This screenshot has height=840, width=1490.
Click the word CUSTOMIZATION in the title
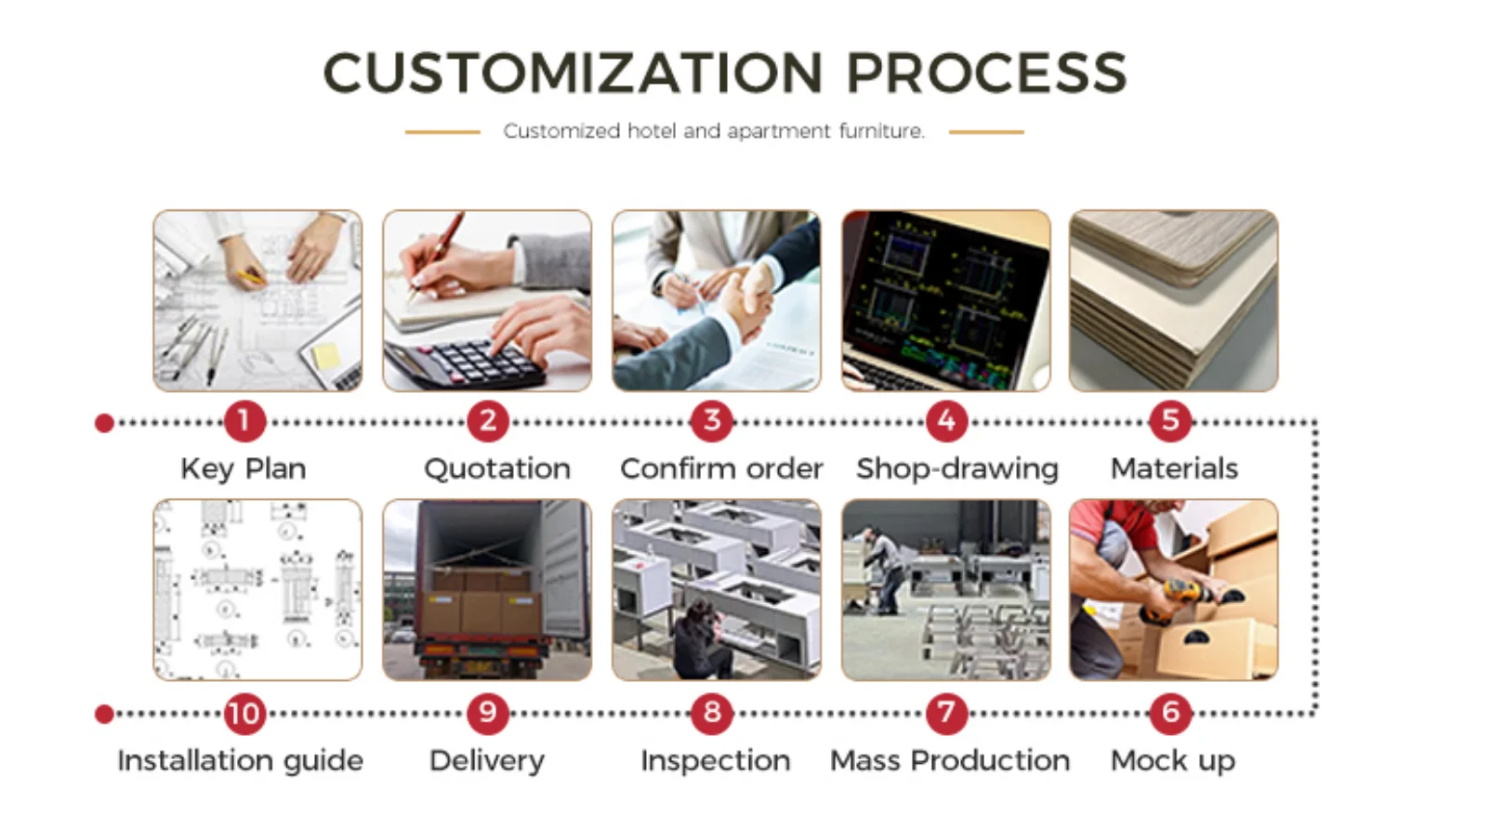click(x=574, y=72)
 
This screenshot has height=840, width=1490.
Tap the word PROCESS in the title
click(x=987, y=72)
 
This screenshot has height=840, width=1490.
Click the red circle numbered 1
click(x=244, y=421)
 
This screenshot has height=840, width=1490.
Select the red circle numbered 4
click(x=946, y=421)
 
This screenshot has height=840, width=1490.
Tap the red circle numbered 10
click(x=244, y=714)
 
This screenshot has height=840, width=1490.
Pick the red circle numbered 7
click(x=946, y=714)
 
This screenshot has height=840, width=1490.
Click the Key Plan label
click(x=244, y=469)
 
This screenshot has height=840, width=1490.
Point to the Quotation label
click(x=497, y=469)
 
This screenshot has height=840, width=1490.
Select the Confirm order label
click(x=721, y=469)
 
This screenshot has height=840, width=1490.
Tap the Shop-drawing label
click(x=957, y=469)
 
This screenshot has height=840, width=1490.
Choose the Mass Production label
click(x=950, y=761)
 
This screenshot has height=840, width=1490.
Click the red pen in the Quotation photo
click(x=437, y=254)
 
